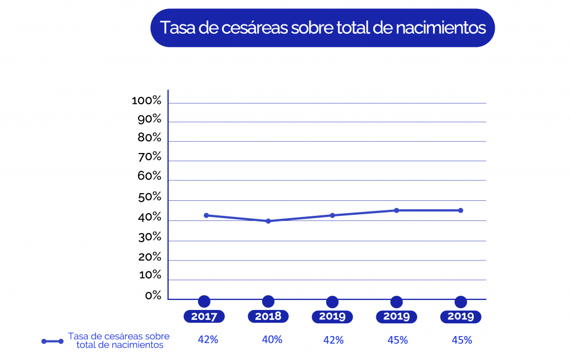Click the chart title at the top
click(x=323, y=28)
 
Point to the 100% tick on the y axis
click(x=146, y=101)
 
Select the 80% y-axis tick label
click(x=149, y=138)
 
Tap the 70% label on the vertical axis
click(x=149, y=157)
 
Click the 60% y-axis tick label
click(x=149, y=176)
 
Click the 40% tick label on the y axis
click(x=149, y=218)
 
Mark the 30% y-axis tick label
click(x=149, y=238)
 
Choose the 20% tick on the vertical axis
click(x=149, y=257)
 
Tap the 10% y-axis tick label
click(x=149, y=275)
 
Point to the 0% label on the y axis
click(x=153, y=295)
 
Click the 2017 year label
click(x=204, y=317)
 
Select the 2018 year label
click(x=268, y=317)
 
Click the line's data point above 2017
click(x=206, y=215)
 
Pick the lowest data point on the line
click(x=268, y=221)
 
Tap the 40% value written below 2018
click(x=272, y=339)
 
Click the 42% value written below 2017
click(x=208, y=339)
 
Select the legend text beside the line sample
click(x=119, y=341)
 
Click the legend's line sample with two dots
click(x=52, y=341)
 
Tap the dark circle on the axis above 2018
click(x=268, y=302)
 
